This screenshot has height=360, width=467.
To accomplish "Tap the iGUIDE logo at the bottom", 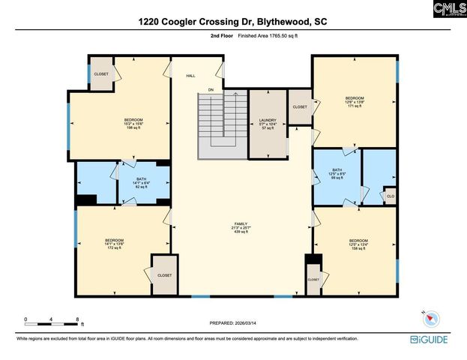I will pos(433,340).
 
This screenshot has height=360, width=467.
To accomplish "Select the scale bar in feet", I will pos(52,321).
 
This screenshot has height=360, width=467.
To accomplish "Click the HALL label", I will pos(190,76).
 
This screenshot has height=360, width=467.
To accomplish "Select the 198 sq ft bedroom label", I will pos(133,124).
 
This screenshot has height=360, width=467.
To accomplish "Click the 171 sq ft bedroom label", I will pos(355,102).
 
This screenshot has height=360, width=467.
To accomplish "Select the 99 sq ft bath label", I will pos(337,174).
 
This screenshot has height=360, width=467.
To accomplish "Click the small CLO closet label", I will pos(389,196).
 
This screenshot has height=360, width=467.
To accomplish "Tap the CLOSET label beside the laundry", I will pos(300,107).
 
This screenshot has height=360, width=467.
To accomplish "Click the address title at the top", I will pos(232,22).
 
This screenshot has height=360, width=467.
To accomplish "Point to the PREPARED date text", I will pos(233,322).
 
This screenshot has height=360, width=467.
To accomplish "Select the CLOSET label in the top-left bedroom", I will pos(100,73).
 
